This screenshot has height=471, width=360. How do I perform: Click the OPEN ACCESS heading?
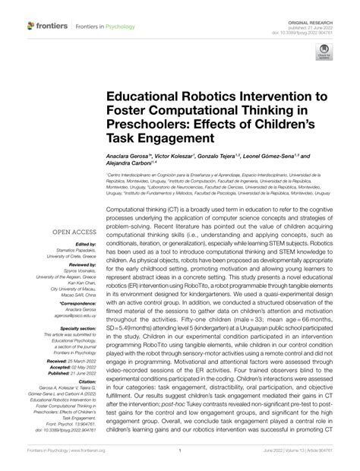[73, 232]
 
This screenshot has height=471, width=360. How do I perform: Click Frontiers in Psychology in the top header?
[105, 28]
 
